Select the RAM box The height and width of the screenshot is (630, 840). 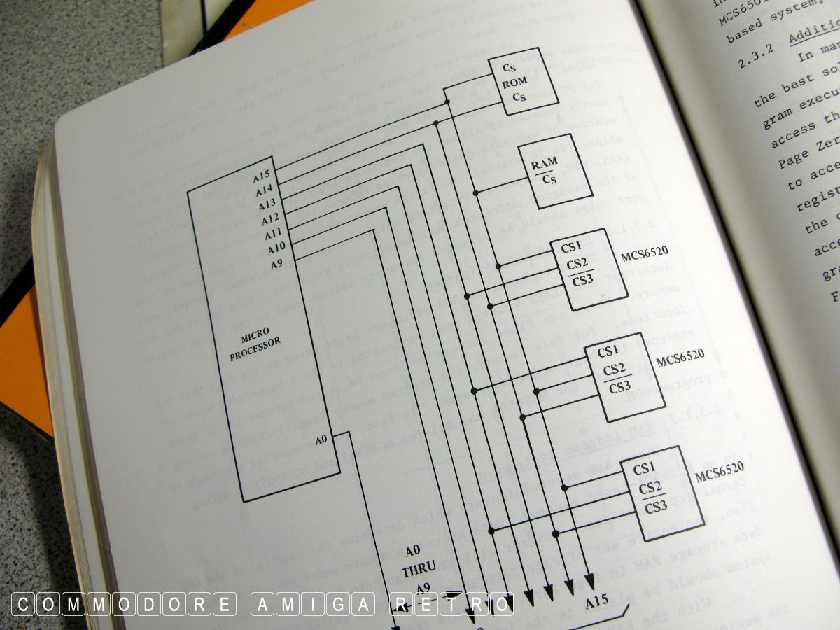point(554,171)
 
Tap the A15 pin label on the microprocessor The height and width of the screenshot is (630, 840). point(263,176)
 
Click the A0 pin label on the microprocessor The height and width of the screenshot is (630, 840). point(321,440)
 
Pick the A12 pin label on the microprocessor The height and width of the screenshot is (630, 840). point(271,220)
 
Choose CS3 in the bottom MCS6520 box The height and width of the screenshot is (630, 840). point(655,507)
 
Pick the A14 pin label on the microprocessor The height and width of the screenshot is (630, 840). point(264,190)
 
